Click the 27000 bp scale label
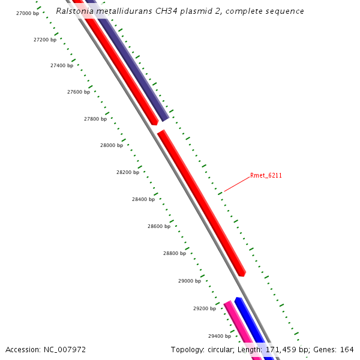click(28, 13)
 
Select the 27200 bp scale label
click(45, 40)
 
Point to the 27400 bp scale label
click(62, 65)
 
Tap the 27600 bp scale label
click(79, 92)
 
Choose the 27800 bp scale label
click(95, 119)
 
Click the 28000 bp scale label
click(112, 145)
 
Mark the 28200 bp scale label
click(128, 172)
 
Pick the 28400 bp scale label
click(143, 199)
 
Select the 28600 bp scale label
click(159, 226)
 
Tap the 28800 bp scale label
click(175, 253)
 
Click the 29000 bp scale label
click(190, 281)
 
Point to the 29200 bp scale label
click(205, 308)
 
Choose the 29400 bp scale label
click(220, 336)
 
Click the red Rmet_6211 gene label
click(266, 176)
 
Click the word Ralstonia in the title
click(76, 11)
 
